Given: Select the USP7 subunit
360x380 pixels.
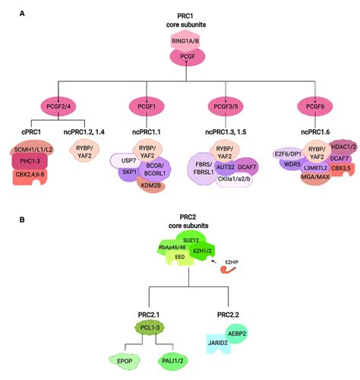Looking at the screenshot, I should point(123,160).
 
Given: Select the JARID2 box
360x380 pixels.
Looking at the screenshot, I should point(218,344).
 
